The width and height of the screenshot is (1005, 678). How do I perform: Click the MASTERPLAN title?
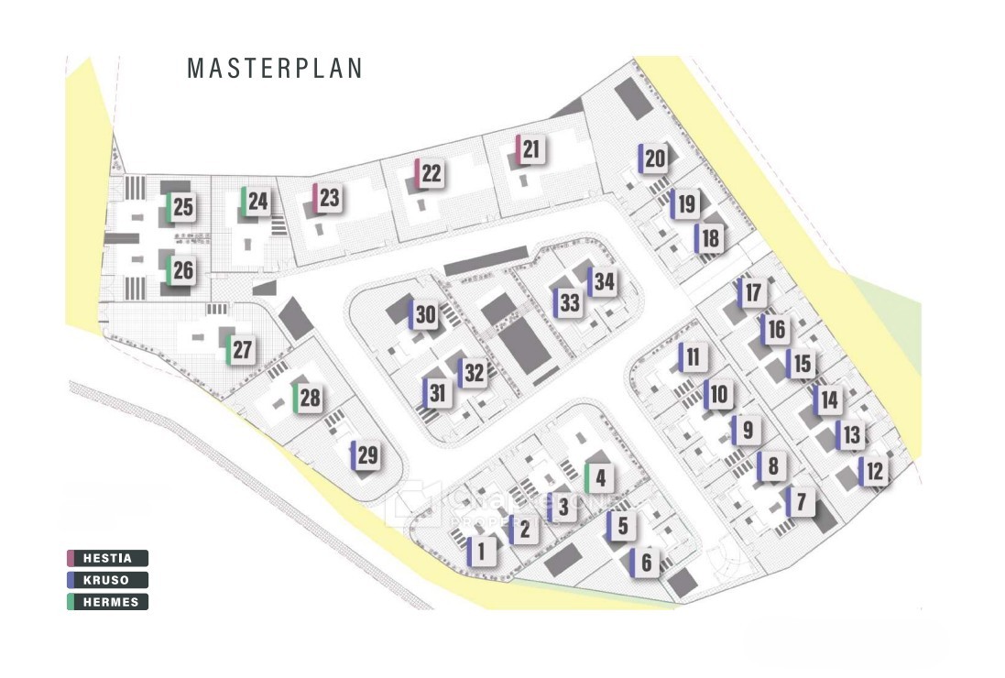[x=275, y=69]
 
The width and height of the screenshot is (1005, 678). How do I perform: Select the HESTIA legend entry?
[x=108, y=558]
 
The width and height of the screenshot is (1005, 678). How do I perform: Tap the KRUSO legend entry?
[x=108, y=580]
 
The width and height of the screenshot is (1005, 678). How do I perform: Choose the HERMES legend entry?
[x=108, y=602]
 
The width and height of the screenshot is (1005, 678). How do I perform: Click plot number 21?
[x=531, y=149]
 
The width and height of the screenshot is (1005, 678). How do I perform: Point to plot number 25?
[x=181, y=208]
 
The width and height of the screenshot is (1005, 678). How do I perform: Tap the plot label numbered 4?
[x=600, y=478]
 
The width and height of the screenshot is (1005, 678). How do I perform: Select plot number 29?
[x=366, y=455]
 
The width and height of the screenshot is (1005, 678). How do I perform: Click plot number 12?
[x=873, y=473]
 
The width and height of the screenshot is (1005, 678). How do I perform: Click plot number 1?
[x=483, y=552]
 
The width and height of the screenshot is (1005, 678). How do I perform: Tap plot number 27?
[x=241, y=350]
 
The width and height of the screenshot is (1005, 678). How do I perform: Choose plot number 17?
[x=751, y=294]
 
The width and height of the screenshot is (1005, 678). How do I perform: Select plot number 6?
[x=645, y=563]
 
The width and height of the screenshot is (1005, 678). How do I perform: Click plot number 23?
[x=328, y=198]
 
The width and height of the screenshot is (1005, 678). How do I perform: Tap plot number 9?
[x=747, y=430]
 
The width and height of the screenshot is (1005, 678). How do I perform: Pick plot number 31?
[x=438, y=394]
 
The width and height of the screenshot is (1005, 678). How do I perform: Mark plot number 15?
[x=802, y=364]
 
